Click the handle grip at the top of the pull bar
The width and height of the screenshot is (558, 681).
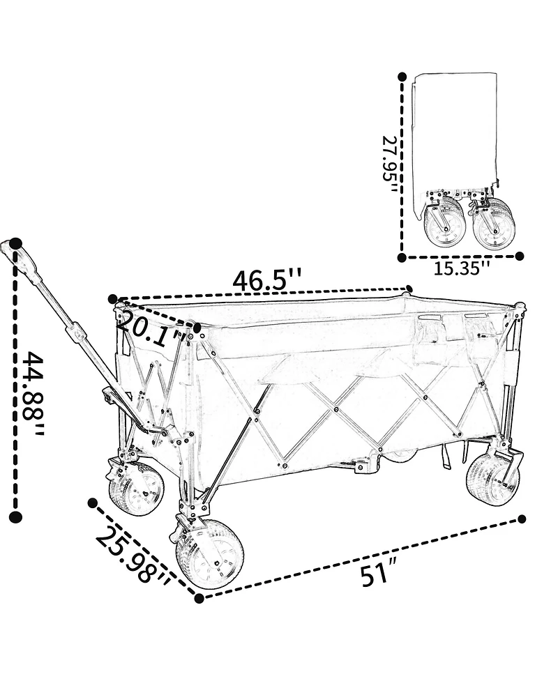coord(21,258)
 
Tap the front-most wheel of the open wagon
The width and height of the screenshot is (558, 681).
coord(210,553)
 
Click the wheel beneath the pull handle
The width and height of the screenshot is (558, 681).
coord(137,489)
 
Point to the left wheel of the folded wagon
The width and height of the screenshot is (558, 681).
coord(445,223)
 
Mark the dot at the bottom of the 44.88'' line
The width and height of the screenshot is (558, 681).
coord(15,517)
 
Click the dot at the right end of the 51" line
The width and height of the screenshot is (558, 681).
coord(522,519)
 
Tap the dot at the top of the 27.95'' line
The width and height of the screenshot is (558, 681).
coord(402,77)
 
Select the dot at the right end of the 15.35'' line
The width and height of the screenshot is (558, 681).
coord(520,256)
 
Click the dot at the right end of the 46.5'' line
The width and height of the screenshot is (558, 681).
coord(408,289)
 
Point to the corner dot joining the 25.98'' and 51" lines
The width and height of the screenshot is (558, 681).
coord(199,598)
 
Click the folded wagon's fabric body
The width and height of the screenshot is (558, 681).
coord(457,129)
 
